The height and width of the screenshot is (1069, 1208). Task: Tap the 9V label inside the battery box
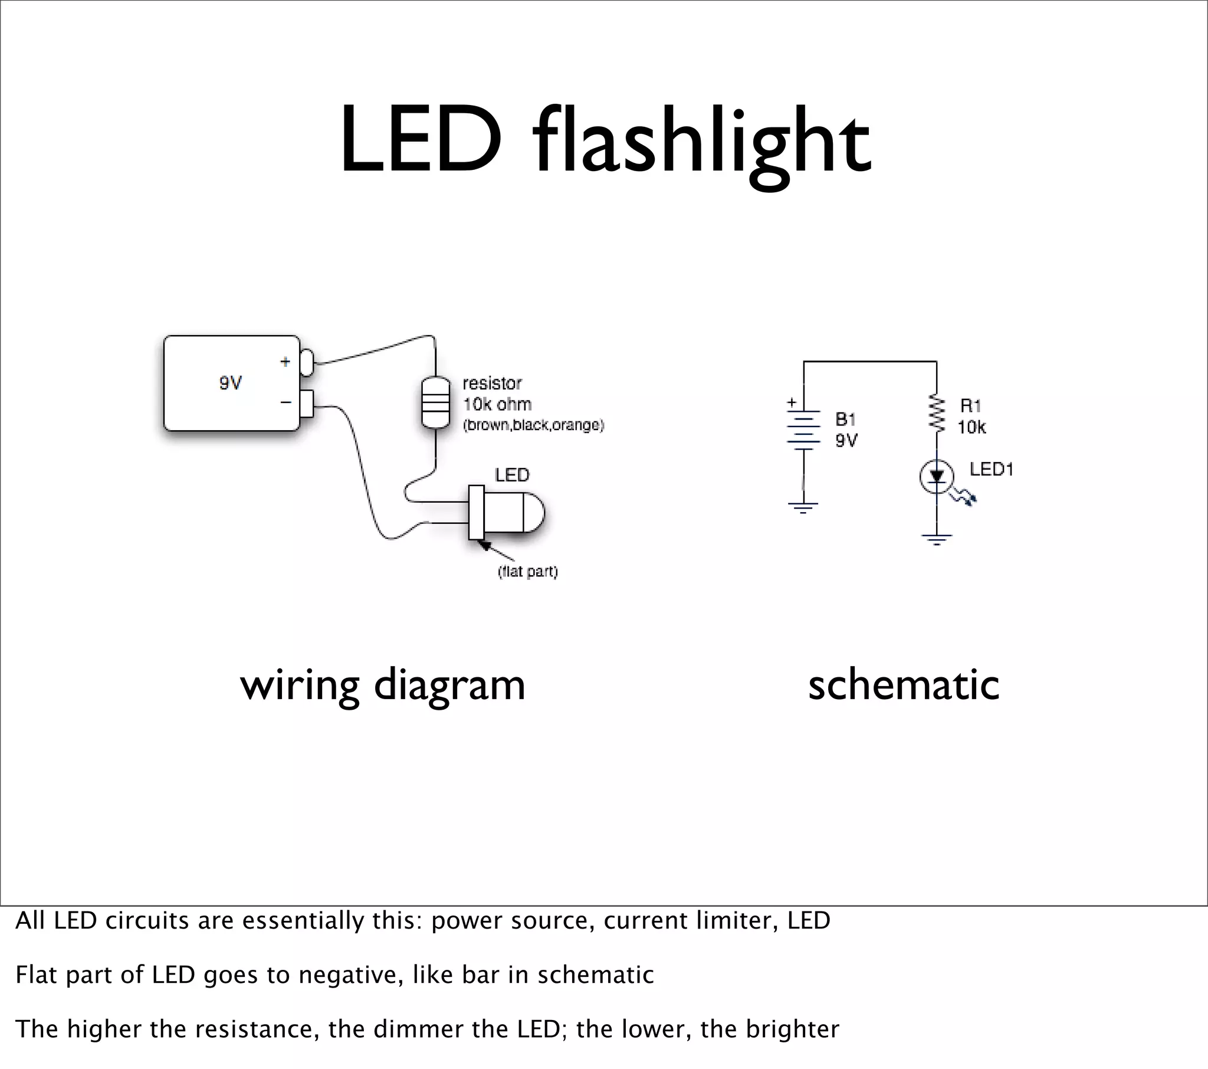231,383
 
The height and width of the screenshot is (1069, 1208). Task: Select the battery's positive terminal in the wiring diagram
306,362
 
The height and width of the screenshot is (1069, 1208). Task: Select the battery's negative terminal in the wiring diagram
306,404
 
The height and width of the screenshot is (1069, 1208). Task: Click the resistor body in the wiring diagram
435,402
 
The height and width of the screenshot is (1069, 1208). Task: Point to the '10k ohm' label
497,405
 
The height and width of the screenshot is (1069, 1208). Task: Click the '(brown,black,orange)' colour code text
533,425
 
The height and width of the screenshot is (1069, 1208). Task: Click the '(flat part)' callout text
528,572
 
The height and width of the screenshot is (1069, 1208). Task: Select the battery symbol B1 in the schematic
803,429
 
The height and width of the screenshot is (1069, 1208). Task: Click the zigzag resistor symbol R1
936,412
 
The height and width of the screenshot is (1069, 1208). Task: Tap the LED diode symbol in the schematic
937,477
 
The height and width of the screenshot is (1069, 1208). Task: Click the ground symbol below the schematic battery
803,507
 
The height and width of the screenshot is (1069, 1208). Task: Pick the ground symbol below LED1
936,539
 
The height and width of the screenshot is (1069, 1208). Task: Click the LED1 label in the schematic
991,470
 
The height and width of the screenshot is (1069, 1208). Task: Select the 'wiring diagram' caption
382,686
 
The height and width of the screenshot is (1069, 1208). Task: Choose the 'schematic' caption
903,686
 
